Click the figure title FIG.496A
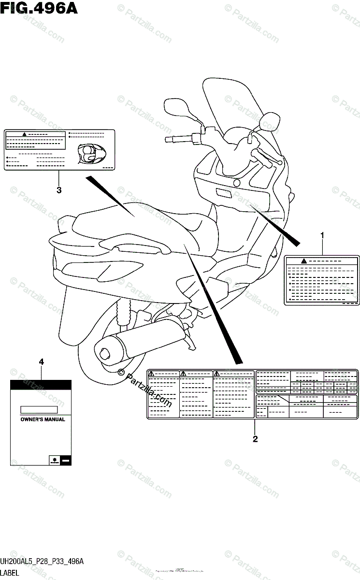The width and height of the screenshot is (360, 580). coord(39,8)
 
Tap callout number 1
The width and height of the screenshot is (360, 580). coord(322,235)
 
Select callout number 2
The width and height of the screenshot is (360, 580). coord(255,439)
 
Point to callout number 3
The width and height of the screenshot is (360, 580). coord(59,190)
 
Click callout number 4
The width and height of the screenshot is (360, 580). coord(41,362)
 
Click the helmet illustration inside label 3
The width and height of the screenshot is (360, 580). coord(89,154)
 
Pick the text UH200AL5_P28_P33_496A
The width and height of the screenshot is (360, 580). coord(42,562)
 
